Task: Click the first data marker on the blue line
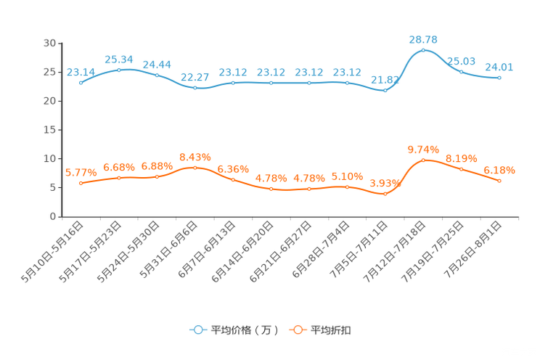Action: coord(81,83)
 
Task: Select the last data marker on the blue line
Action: coord(499,77)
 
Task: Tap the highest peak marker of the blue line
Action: coord(423,50)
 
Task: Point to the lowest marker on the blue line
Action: coord(385,91)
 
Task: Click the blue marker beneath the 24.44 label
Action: coord(157,75)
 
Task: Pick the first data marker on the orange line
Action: coord(81,184)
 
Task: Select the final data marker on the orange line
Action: coord(499,181)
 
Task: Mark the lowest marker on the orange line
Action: coord(385,195)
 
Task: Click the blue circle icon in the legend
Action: coord(197,330)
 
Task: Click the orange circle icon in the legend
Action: coord(297,330)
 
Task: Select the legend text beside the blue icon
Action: coord(244,330)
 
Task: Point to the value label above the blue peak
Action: coord(424,38)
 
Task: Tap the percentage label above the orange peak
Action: coord(424,149)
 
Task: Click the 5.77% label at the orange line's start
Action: coord(81,172)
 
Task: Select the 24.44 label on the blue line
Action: coord(157,64)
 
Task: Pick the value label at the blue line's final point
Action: coord(499,67)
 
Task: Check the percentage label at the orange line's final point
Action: coord(499,170)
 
